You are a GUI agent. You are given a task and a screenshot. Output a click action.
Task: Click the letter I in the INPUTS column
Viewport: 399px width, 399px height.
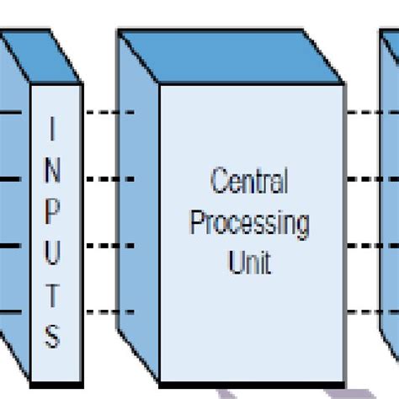[52, 129]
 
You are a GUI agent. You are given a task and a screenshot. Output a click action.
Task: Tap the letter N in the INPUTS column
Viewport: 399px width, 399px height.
[52, 168]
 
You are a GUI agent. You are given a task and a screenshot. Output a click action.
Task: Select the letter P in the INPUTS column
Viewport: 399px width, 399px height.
[52, 209]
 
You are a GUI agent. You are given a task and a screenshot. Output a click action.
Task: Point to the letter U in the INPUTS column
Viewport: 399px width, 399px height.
[52, 249]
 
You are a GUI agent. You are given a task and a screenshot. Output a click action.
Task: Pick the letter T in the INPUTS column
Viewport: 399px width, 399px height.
[52, 291]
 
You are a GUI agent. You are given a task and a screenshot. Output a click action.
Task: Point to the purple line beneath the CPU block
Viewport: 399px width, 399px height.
[253, 392]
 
